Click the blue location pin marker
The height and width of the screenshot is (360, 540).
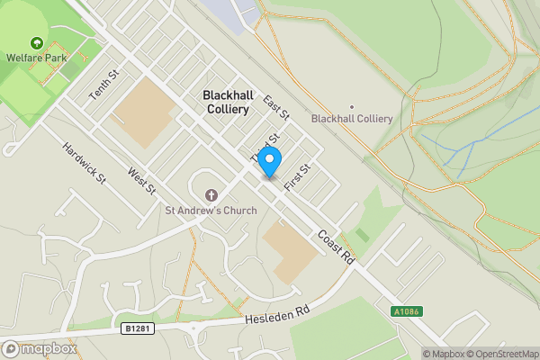(270, 161)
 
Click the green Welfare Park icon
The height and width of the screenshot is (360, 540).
(36, 43)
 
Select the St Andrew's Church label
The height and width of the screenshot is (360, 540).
(211, 211)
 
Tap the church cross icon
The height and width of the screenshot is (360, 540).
(211, 194)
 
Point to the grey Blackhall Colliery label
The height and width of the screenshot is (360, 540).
(351, 119)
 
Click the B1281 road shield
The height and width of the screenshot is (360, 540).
(138, 328)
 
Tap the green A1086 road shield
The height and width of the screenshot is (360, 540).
(406, 311)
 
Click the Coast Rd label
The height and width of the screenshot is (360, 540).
(337, 247)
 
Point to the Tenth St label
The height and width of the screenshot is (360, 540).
(103, 85)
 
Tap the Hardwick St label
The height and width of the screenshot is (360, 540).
(85, 162)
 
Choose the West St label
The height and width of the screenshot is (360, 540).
(141, 180)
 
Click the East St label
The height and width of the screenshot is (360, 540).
(276, 108)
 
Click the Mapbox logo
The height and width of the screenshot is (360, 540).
(38, 348)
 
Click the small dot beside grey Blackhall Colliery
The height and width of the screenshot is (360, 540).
(351, 106)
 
